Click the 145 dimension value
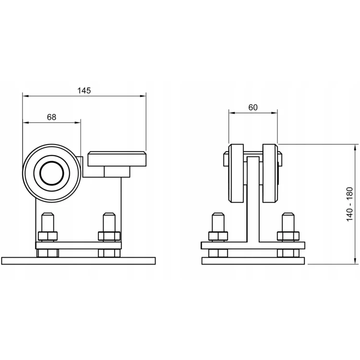point(84,90)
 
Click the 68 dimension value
point(51,117)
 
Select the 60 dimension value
point(253,107)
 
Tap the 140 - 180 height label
point(349,204)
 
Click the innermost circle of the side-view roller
point(52,173)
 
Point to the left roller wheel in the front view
point(236,173)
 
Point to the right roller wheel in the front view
point(270,173)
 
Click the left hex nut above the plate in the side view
point(48,236)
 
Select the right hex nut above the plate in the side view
point(109,236)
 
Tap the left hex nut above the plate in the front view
point(218,236)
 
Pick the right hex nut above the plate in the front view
point(288,236)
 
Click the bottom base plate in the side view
point(78,261)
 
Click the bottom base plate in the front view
point(253,261)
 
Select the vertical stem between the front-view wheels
point(253,199)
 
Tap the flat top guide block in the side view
point(117,159)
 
